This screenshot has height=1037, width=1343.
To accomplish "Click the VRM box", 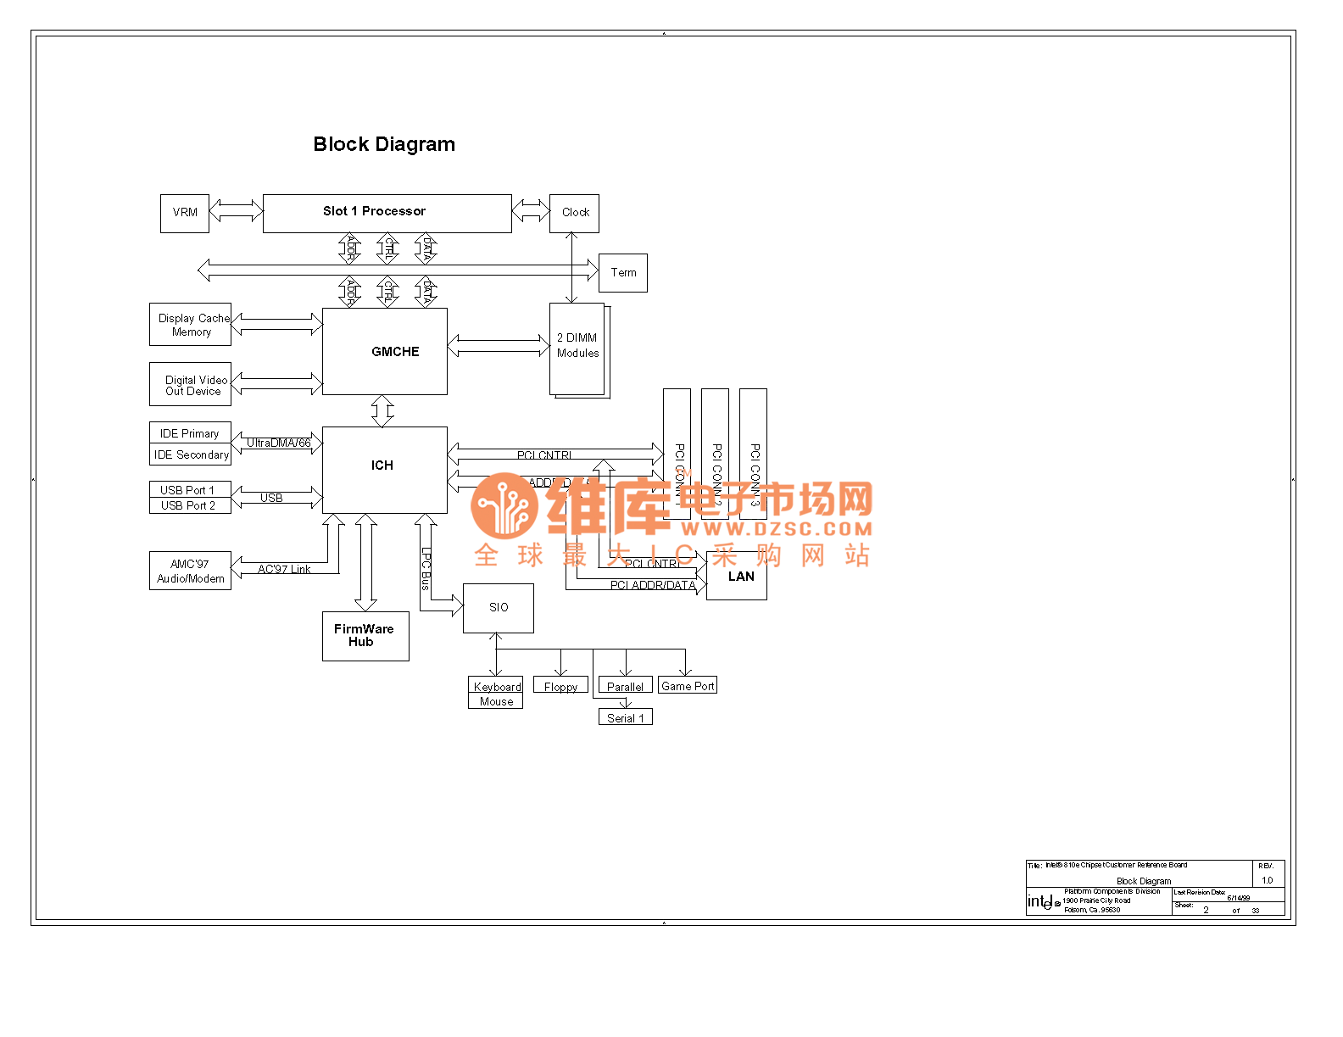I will (185, 213).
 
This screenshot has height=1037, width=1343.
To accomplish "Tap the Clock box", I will (574, 213).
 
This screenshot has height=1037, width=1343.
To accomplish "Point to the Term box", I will (622, 273).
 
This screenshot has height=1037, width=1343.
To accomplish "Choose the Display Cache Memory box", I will (190, 325).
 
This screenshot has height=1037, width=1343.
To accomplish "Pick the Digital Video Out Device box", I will (190, 385).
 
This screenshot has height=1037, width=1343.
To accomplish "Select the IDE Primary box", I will (190, 433).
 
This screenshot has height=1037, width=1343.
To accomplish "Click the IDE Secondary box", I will (190, 454).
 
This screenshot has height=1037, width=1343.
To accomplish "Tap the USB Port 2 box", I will (190, 505).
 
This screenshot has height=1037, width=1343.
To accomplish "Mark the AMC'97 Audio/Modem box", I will (190, 571).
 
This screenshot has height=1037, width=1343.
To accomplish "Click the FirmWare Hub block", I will (365, 636).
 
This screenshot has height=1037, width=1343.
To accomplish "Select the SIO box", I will (499, 608).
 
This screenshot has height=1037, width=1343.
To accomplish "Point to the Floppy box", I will (560, 686).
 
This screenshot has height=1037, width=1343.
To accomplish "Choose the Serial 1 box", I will (626, 717).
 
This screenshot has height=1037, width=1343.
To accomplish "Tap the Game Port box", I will (688, 685).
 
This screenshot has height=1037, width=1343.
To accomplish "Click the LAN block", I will (737, 577).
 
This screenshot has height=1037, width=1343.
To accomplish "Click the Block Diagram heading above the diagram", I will (384, 144).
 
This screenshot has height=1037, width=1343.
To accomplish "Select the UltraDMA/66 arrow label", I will (279, 443).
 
